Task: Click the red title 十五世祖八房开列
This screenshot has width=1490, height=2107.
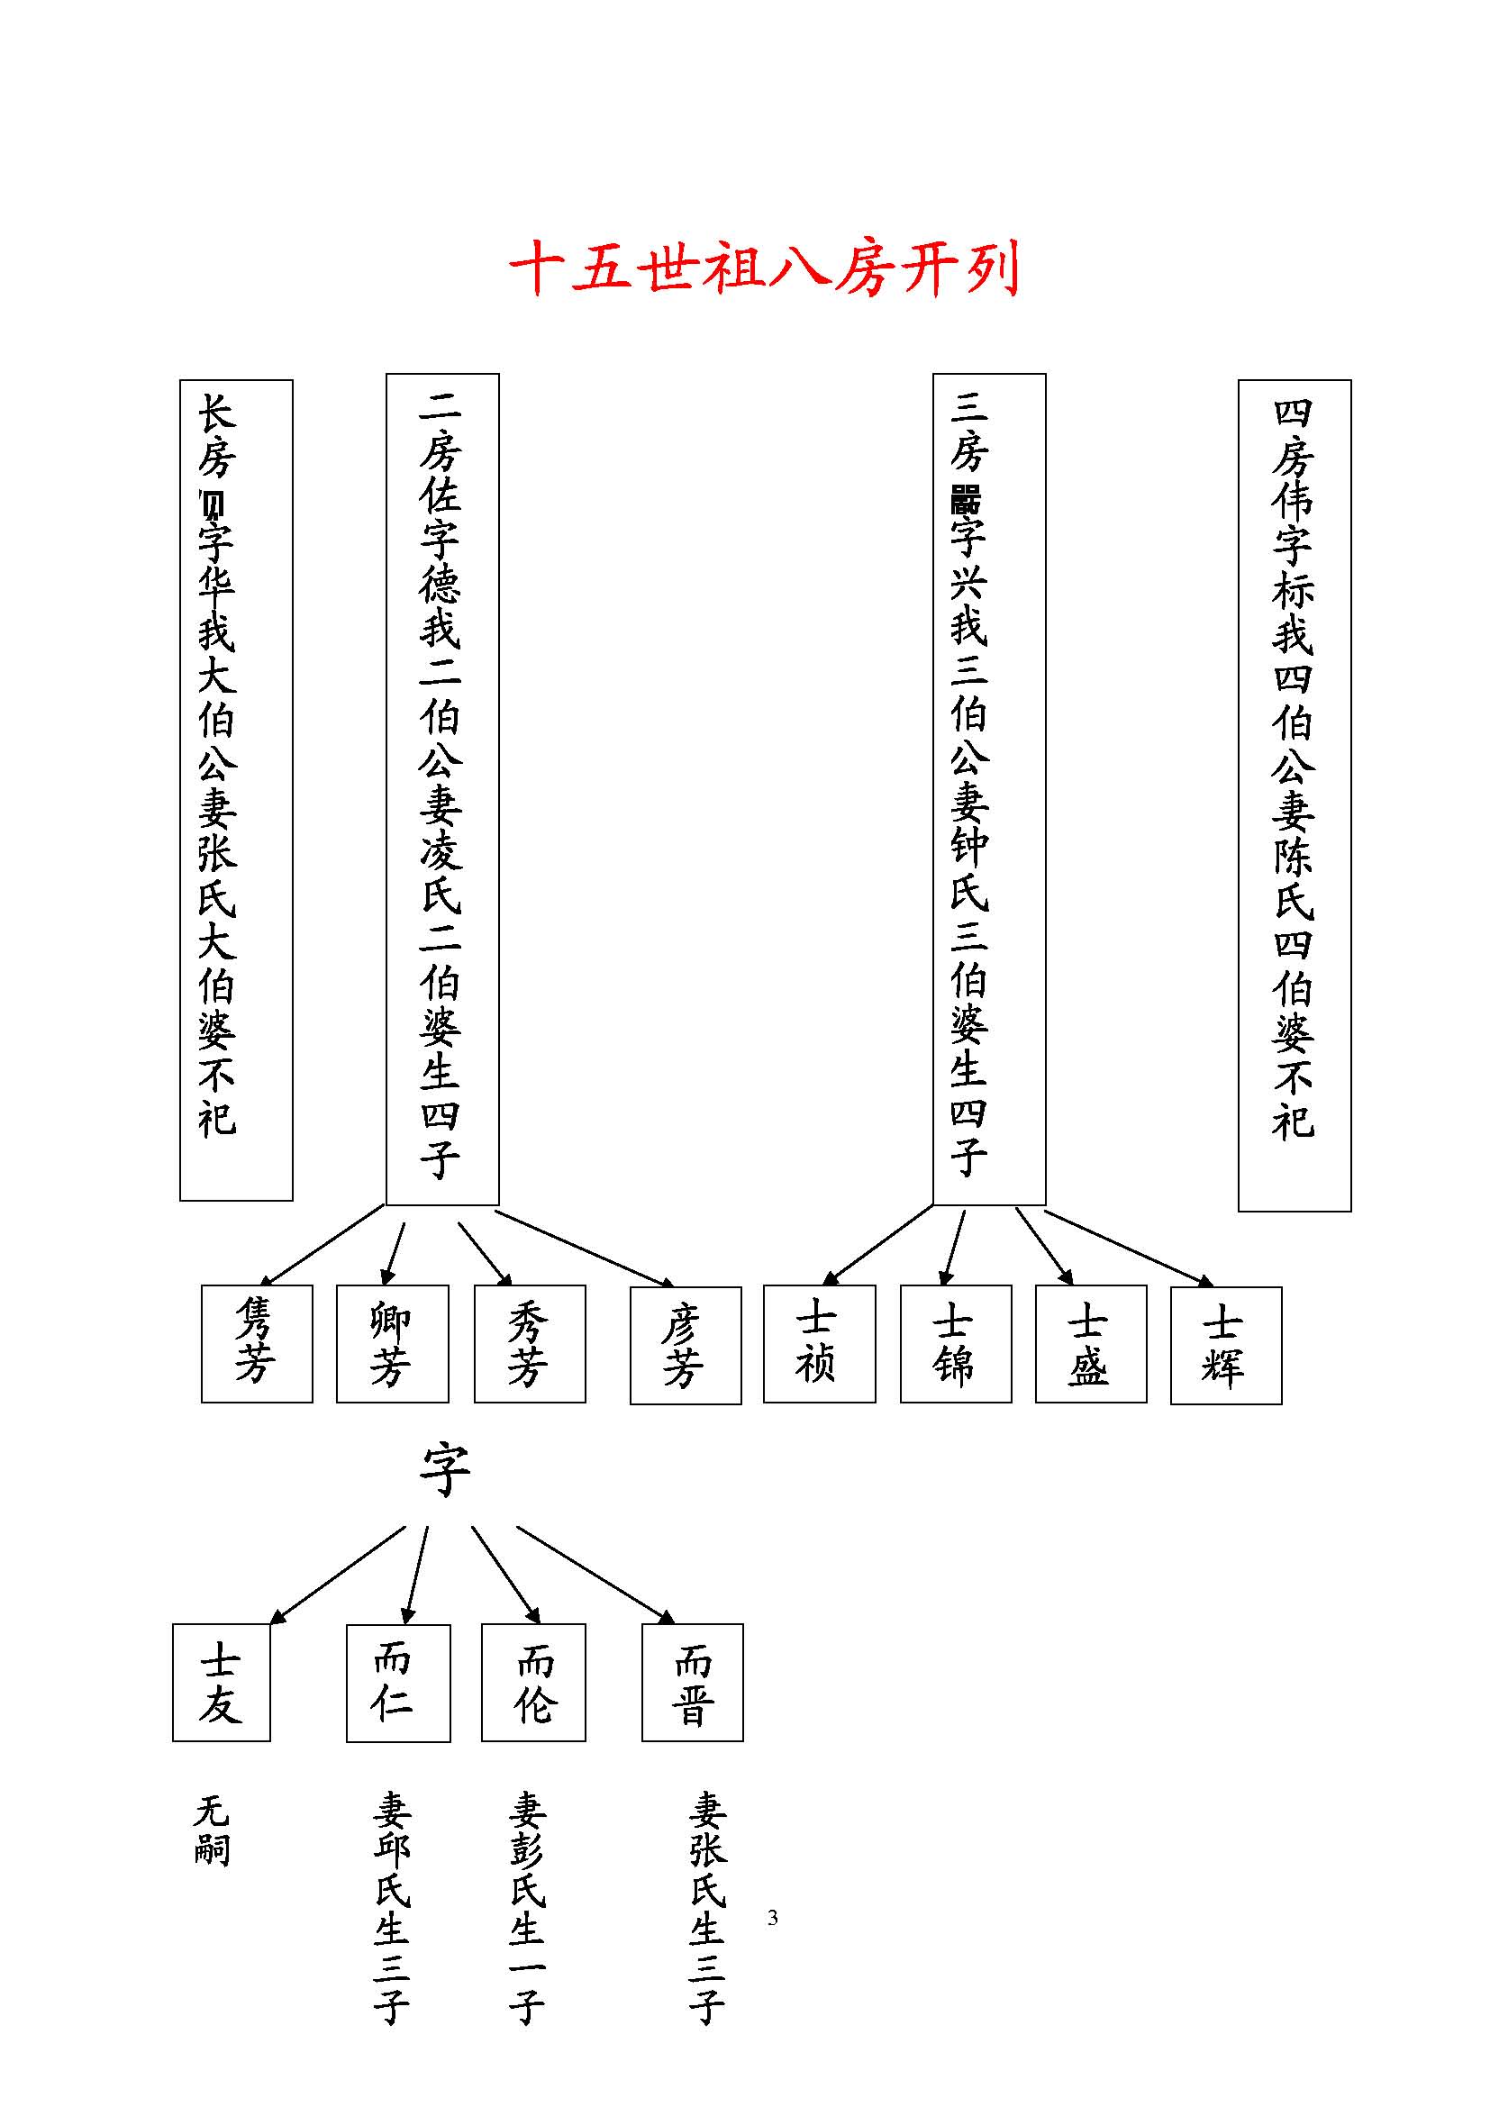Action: [764, 268]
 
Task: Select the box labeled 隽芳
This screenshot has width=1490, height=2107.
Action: [257, 1342]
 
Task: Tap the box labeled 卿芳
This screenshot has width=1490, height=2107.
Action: [392, 1342]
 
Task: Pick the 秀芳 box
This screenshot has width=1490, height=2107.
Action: [530, 1342]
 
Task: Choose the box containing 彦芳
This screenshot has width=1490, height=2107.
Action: [686, 1344]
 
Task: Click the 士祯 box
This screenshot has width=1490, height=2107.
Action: [818, 1342]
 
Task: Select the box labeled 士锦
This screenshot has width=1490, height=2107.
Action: [955, 1342]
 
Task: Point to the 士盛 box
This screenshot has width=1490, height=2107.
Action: [1090, 1342]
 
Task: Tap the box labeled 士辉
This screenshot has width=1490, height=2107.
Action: [1226, 1344]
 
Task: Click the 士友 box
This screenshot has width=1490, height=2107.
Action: [221, 1682]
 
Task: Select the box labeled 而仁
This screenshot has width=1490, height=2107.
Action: [397, 1682]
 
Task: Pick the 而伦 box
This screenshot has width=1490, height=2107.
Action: [533, 1682]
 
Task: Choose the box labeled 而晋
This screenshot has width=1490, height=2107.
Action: [692, 1682]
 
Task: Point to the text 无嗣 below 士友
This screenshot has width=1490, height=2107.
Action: [212, 1830]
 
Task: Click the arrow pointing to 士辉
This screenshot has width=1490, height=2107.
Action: [1130, 1248]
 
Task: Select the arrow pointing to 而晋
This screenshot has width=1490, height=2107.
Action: [596, 1575]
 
